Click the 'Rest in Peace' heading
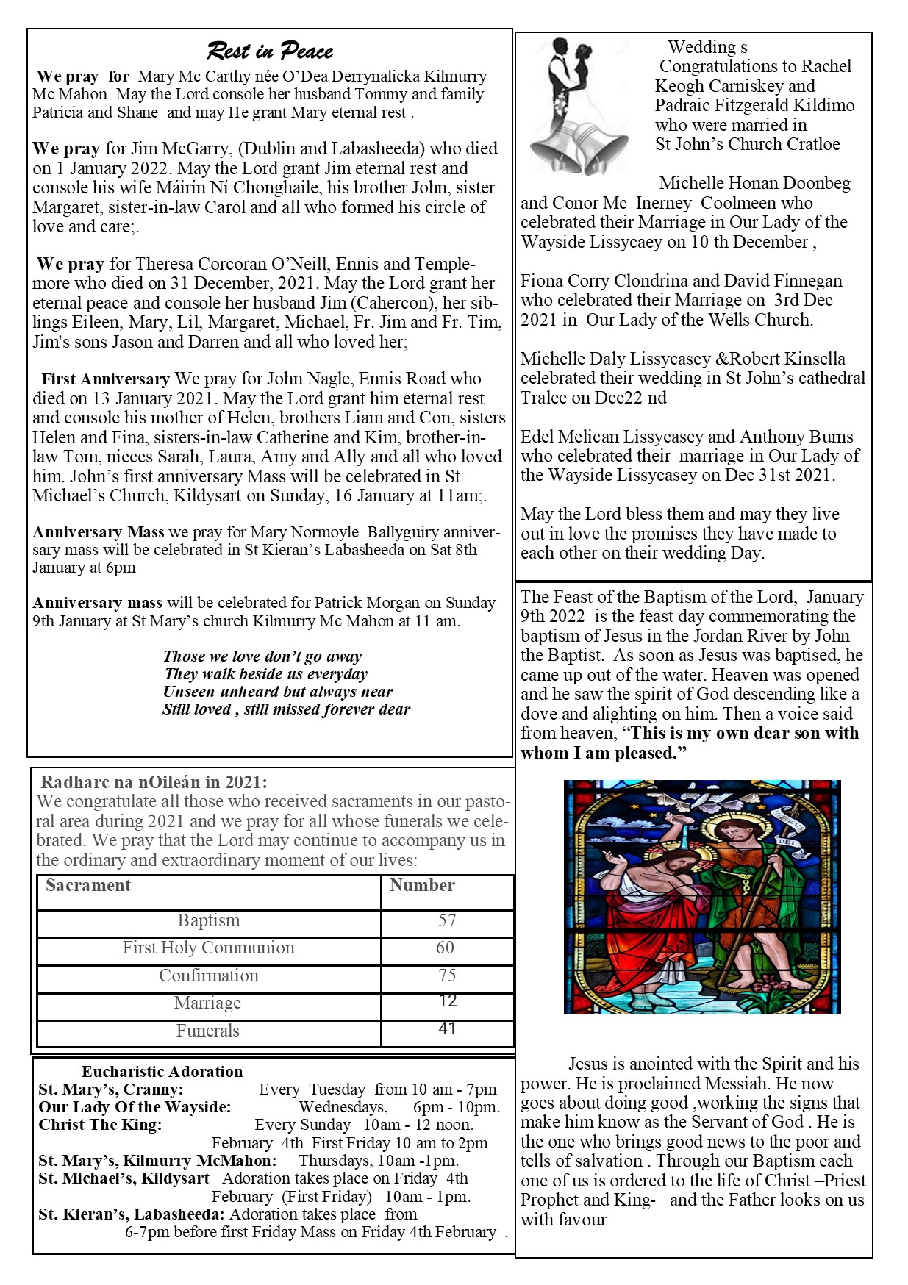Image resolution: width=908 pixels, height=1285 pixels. [270, 51]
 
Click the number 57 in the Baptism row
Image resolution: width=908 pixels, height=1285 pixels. [447, 920]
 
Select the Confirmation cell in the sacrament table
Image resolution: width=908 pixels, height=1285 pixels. [209, 976]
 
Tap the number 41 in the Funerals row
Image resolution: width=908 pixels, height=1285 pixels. [447, 1028]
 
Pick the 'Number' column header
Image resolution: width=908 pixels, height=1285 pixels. [422, 886]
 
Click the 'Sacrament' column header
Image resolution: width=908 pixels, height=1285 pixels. [88, 886]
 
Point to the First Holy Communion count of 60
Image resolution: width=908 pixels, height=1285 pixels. [445, 948]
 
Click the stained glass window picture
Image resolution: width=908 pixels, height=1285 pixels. [701, 896]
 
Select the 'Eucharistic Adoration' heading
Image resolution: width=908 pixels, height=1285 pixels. [162, 1072]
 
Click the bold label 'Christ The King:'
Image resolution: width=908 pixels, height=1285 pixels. [100, 1125]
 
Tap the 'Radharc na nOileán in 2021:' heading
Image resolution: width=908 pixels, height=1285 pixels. [154, 782]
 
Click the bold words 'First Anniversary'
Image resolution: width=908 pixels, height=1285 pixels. [105, 379]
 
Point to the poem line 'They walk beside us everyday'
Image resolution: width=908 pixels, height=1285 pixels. [265, 674]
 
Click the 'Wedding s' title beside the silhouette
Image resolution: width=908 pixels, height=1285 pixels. [707, 48]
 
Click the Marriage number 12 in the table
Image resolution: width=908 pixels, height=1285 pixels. [447, 1001]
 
